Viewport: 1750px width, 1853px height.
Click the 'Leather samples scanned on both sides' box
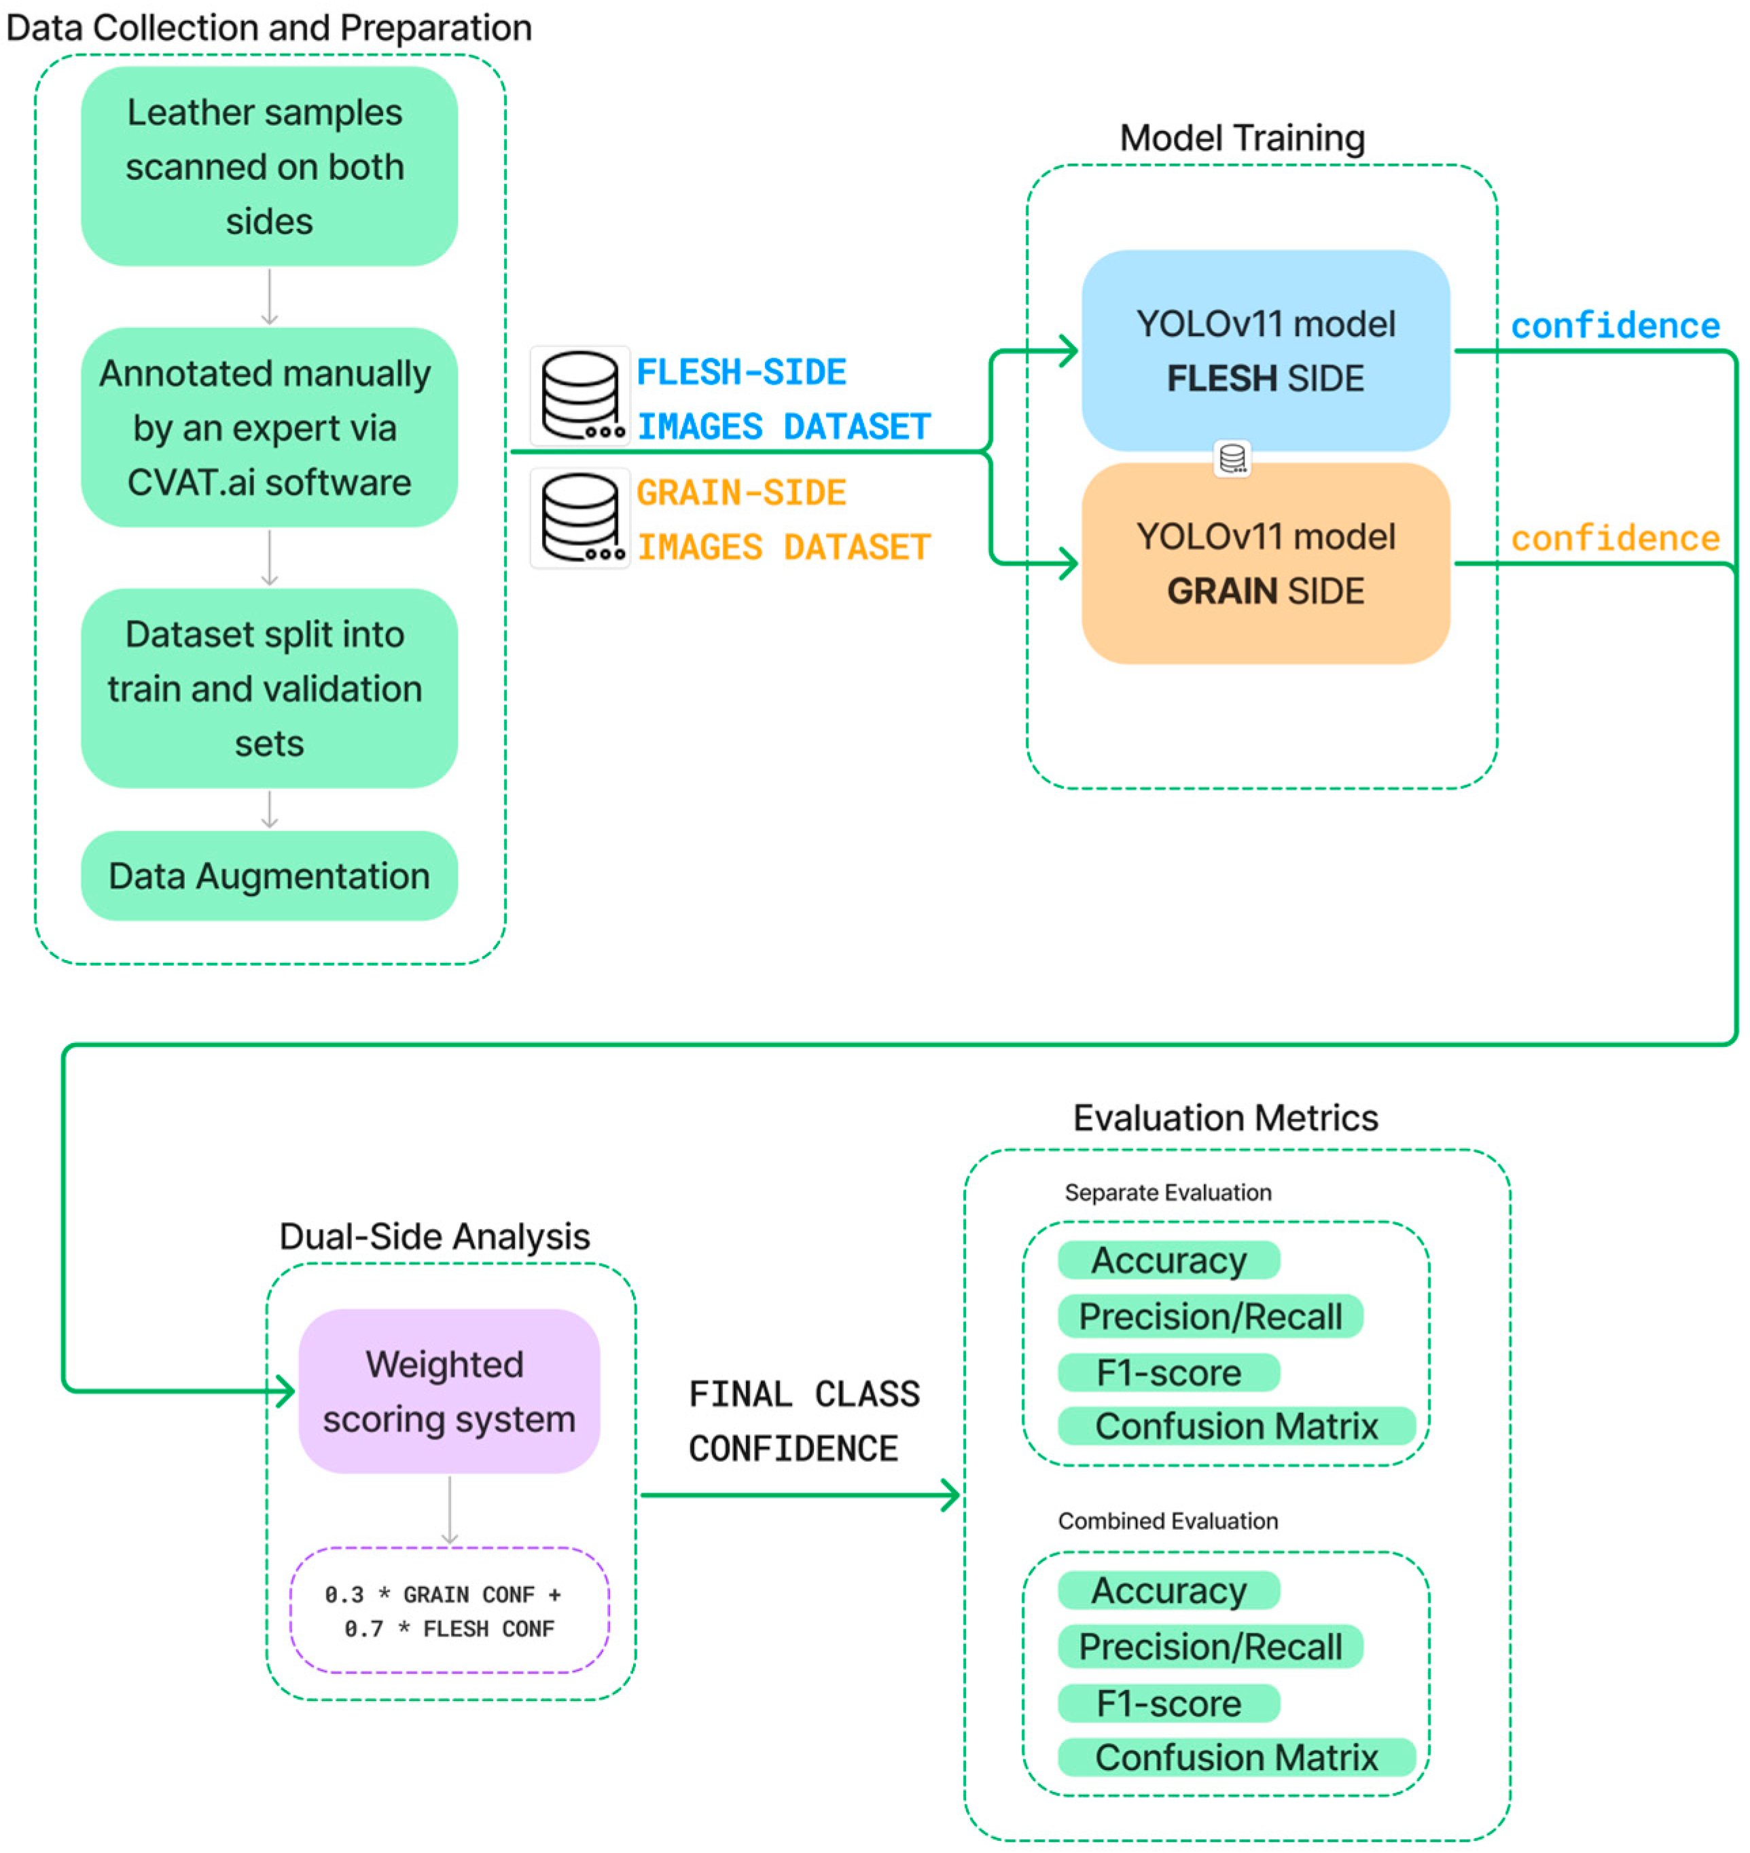click(268, 166)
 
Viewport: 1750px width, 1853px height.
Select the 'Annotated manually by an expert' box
click(268, 427)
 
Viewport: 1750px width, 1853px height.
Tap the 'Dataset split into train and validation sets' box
click(268, 689)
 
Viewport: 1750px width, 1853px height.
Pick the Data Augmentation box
click(268, 876)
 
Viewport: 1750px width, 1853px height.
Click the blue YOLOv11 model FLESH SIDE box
click(1265, 350)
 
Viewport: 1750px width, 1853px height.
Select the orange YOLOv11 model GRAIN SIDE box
click(1265, 564)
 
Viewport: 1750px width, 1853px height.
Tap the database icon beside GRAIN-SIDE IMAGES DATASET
click(580, 517)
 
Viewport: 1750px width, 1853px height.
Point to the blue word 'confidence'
click(1615, 325)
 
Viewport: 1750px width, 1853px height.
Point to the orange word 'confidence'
click(1615, 538)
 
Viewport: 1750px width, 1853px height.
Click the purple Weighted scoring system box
click(448, 1391)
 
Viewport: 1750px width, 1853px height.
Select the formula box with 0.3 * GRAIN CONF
click(448, 1611)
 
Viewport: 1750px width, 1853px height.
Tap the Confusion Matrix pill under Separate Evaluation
click(1236, 1426)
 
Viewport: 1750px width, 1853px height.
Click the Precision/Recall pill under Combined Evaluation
click(1210, 1647)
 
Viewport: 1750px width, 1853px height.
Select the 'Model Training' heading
click(1242, 138)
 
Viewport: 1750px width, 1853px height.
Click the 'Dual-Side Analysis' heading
click(434, 1236)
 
